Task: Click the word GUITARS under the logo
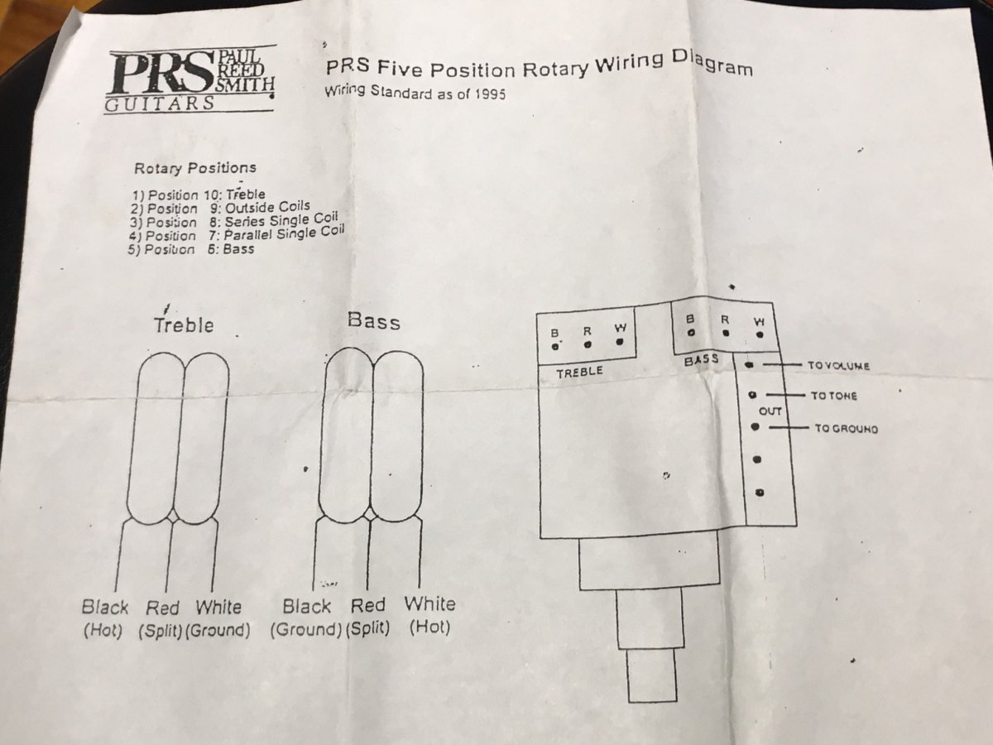160,104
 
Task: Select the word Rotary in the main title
555,70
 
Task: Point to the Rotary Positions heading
195,168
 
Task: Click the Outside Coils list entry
267,207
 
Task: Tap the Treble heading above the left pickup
183,325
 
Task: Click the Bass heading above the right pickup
374,322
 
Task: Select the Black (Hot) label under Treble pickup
104,618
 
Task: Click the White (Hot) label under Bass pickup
429,615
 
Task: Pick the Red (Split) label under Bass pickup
367,616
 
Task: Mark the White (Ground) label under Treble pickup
218,618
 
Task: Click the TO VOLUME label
839,366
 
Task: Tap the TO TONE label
834,396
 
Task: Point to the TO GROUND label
847,428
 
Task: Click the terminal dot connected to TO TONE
752,395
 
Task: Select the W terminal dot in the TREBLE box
620,343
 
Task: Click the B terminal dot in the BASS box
691,333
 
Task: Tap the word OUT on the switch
770,411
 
